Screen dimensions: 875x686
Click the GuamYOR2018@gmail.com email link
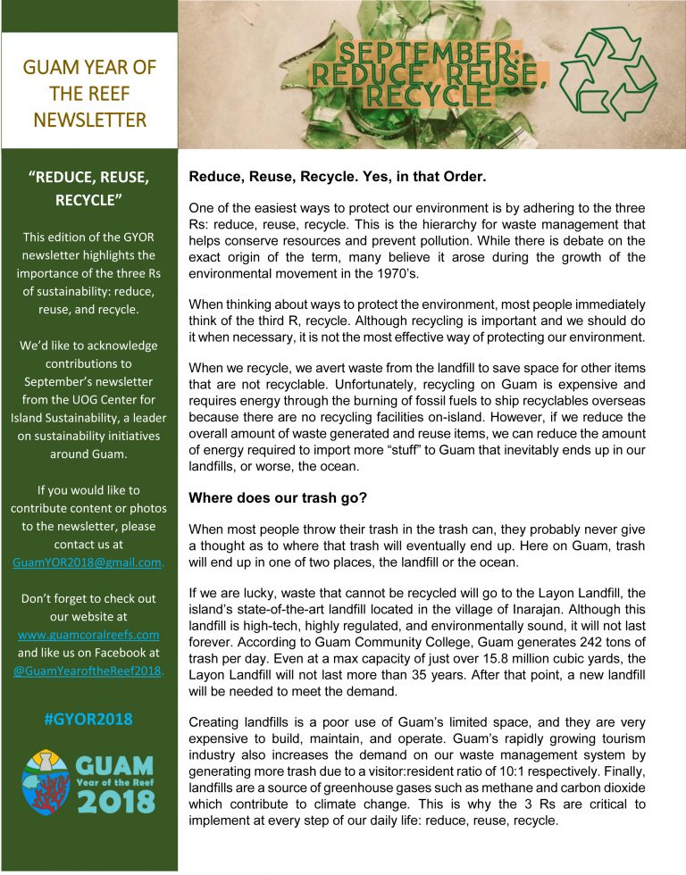[88, 562]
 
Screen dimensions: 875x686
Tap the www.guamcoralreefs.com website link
[88, 634]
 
